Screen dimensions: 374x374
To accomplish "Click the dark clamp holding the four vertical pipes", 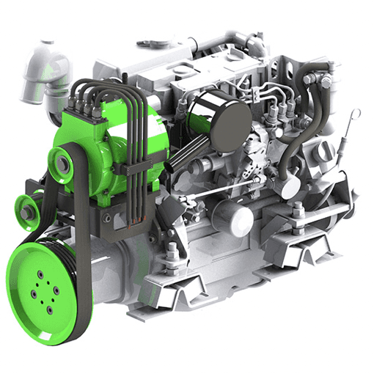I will (132, 169).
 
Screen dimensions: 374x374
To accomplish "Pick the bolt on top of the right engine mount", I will (299, 213).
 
